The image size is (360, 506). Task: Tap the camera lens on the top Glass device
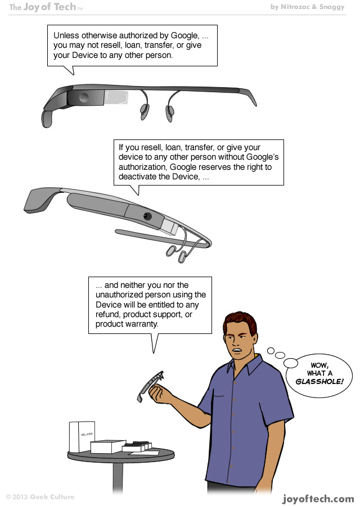pos(83,97)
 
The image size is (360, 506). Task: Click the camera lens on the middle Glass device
pos(148,216)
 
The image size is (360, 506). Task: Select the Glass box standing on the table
pos(82,437)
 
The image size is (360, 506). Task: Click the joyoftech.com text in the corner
pos(318,498)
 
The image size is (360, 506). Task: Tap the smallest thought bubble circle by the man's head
pos(270,351)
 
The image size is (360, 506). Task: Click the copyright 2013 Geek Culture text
pos(40,497)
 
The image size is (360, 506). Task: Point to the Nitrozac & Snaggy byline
pos(315,7)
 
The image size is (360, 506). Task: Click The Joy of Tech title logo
pos(46,7)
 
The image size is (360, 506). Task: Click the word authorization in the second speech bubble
pos(143,167)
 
